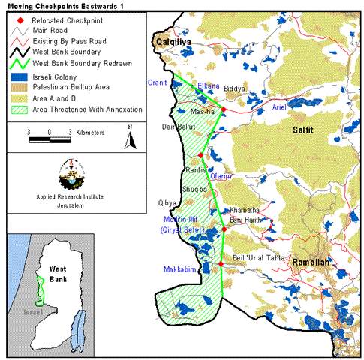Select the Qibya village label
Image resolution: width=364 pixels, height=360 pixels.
tap(167, 203)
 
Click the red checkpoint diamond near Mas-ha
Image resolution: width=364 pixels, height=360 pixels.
tap(224, 109)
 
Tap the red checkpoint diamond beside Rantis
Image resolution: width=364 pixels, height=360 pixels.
tap(201, 156)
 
